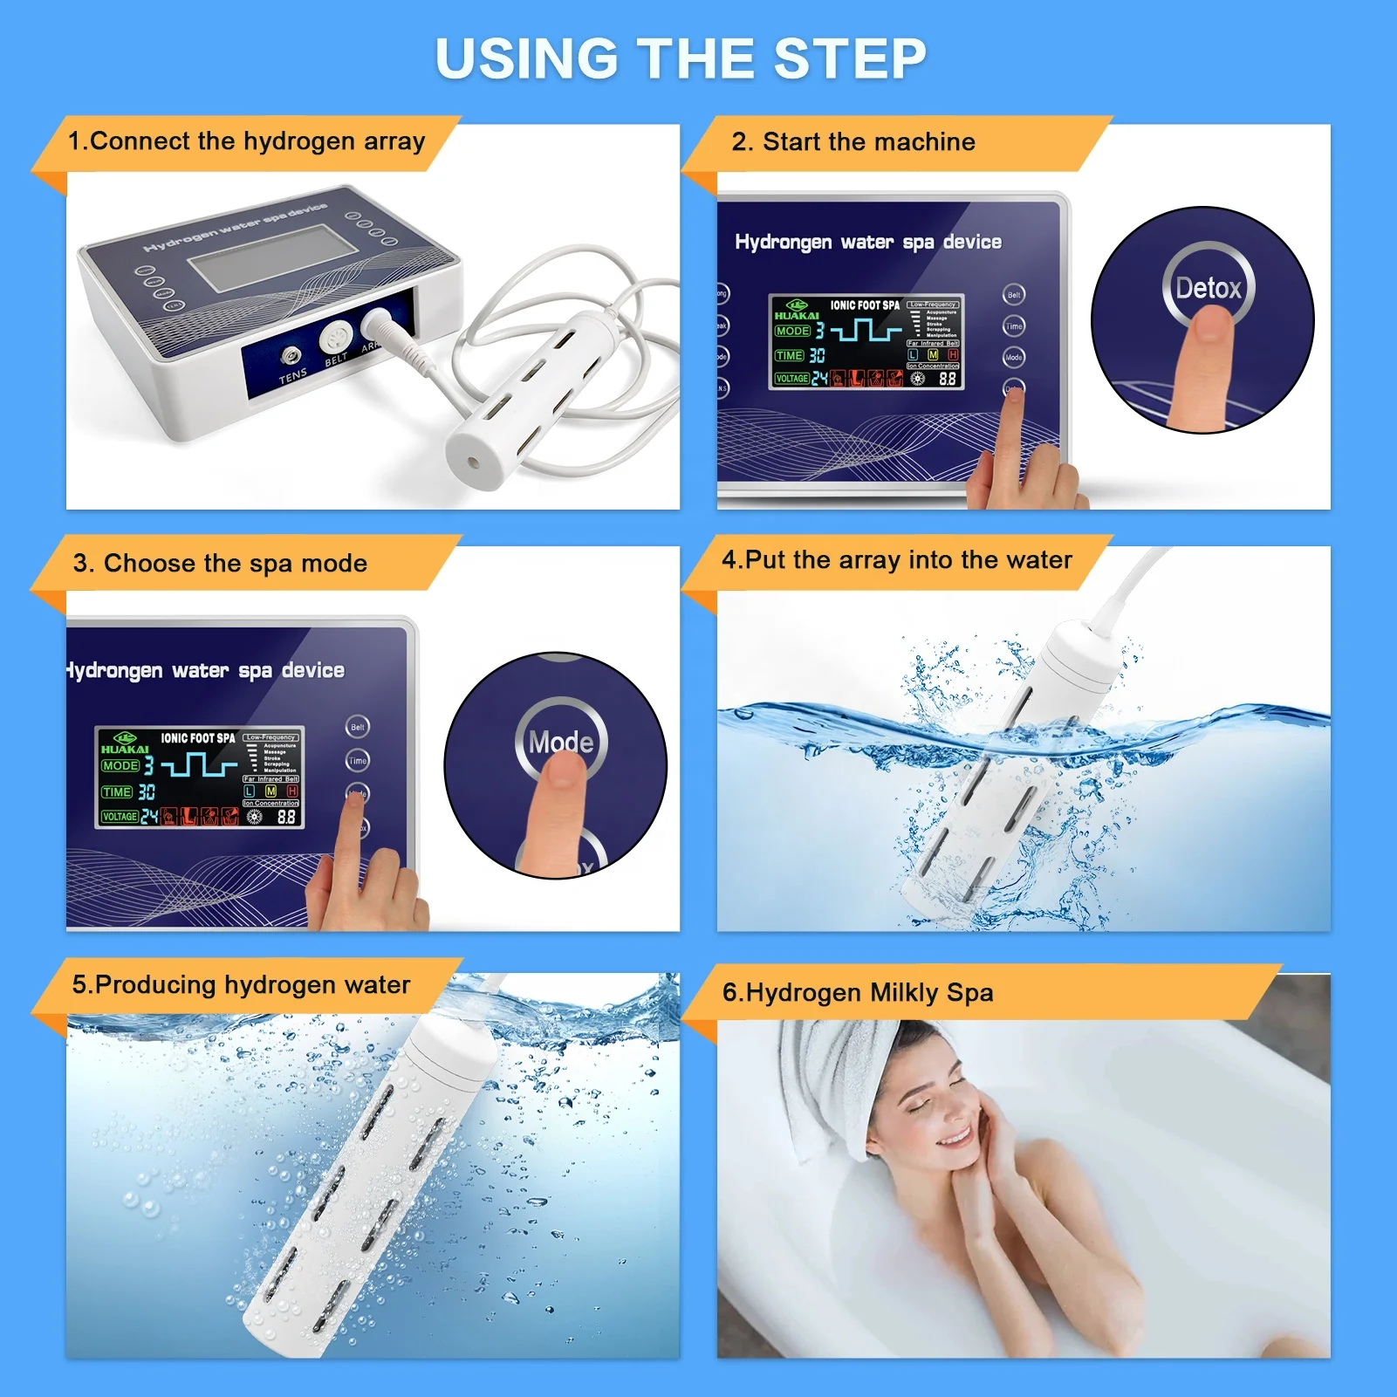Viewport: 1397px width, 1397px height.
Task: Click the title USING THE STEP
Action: [681, 59]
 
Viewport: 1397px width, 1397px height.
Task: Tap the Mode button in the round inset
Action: [561, 741]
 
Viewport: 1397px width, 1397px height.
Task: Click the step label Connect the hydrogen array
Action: [247, 141]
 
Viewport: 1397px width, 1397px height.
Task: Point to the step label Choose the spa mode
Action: [220, 564]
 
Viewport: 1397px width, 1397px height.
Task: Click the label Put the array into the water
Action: [897, 560]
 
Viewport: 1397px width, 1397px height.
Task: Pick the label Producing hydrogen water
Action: [241, 985]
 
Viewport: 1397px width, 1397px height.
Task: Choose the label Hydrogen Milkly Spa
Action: [858, 993]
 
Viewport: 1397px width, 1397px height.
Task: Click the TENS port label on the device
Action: [292, 376]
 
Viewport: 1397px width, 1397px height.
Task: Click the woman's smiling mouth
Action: [953, 1138]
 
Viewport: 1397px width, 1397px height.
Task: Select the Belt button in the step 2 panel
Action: [1014, 295]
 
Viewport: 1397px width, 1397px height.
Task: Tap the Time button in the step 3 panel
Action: [358, 761]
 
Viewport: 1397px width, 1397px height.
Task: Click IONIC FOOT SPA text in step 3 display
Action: [198, 738]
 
